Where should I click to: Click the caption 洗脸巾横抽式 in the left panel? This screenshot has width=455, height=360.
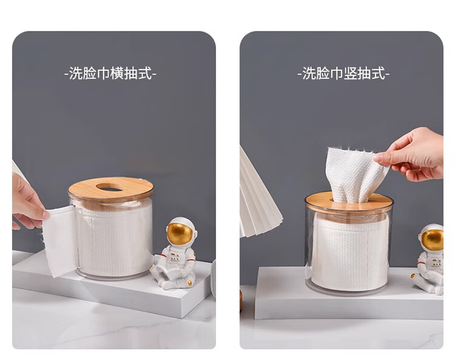110,73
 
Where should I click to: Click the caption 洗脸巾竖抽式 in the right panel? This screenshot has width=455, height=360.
343,73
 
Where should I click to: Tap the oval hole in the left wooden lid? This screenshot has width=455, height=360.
110,187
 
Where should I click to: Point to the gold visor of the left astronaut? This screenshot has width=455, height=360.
180,233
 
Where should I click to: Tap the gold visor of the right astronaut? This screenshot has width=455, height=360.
433,240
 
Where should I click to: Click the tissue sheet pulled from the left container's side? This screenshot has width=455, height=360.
59,241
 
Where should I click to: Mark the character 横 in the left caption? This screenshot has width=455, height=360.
117,73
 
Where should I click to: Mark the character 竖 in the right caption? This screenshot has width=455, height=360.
351,73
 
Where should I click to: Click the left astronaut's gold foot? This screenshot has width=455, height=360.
190,283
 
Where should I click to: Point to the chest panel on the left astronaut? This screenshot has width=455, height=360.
175,256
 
